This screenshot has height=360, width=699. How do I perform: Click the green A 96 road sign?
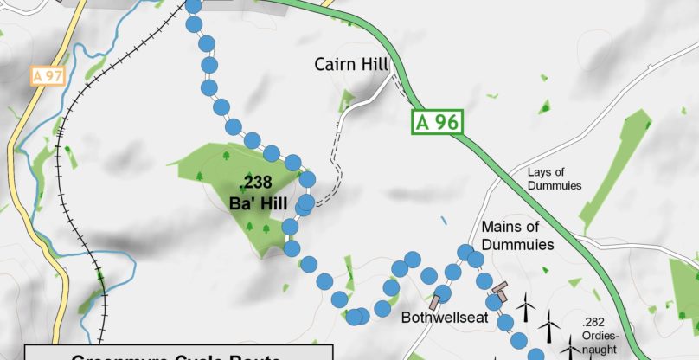tap(437, 121)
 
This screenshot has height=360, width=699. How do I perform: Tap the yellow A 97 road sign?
tap(48, 76)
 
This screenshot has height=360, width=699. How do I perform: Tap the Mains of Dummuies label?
tap(517, 235)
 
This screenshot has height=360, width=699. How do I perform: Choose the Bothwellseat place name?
tap(445, 318)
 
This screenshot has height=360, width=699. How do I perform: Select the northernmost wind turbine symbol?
tap(525, 305)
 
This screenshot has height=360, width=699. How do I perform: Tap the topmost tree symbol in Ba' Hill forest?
tap(227, 157)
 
